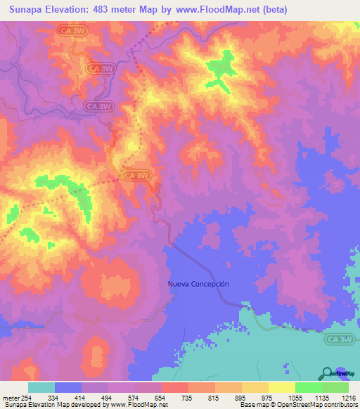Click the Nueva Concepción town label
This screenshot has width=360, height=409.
pos(198,284)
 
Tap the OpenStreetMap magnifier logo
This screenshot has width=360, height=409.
pos(327,374)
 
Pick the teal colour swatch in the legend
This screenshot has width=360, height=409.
pos(41,387)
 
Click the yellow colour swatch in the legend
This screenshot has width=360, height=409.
pos(282,387)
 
